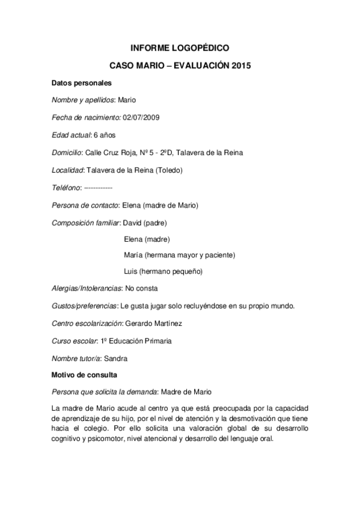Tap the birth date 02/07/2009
coord(141,117)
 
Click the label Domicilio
coord(67,152)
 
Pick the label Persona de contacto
coord(85,205)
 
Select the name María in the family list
coord(133,254)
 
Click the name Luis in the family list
coord(130,271)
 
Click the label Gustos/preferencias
coord(85,306)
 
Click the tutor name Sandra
coord(115,358)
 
